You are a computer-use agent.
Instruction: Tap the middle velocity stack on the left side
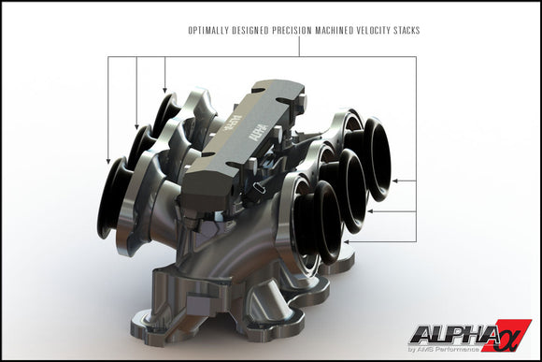pyautogui.click(x=141, y=151)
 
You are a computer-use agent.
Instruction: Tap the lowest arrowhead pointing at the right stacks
pyautogui.click(x=348, y=241)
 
